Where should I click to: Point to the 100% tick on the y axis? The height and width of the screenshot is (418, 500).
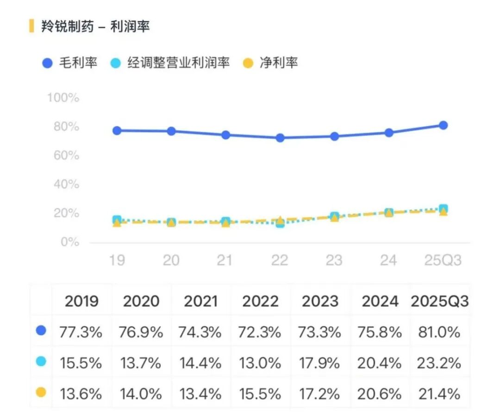pyautogui.click(x=63, y=98)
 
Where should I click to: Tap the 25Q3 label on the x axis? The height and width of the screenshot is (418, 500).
pyautogui.click(x=443, y=260)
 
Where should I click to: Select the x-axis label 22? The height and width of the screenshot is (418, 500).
pyautogui.click(x=280, y=260)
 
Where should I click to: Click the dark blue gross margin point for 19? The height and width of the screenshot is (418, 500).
pyautogui.click(x=117, y=131)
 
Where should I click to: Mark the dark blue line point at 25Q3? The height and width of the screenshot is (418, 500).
pyautogui.click(x=443, y=125)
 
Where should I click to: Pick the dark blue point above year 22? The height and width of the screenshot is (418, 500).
pyautogui.click(x=280, y=137)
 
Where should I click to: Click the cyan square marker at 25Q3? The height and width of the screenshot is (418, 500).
pyautogui.click(x=443, y=209)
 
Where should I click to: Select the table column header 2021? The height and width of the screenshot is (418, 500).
pyautogui.click(x=200, y=301)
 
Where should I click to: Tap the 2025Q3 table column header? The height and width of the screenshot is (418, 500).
pyautogui.click(x=439, y=301)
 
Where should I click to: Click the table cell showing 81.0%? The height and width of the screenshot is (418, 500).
pyautogui.click(x=439, y=332)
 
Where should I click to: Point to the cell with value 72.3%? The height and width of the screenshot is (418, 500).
pyautogui.click(x=261, y=332)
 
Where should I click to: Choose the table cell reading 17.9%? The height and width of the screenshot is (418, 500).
pyautogui.click(x=320, y=363)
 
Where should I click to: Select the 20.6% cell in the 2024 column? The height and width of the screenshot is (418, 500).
pyautogui.click(x=379, y=394)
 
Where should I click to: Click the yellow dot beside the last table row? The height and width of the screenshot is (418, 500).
pyautogui.click(x=41, y=393)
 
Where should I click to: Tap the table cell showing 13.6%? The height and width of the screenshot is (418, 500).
pyautogui.click(x=81, y=394)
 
